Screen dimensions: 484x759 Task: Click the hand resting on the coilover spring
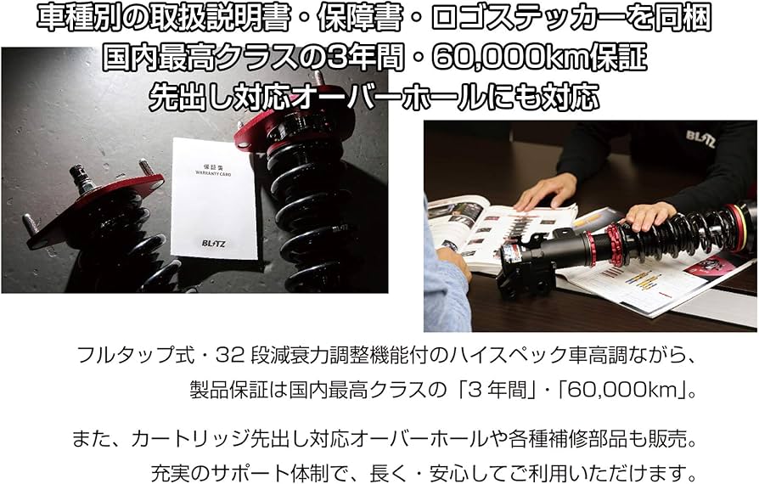649,217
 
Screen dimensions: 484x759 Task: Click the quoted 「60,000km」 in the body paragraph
620,391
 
